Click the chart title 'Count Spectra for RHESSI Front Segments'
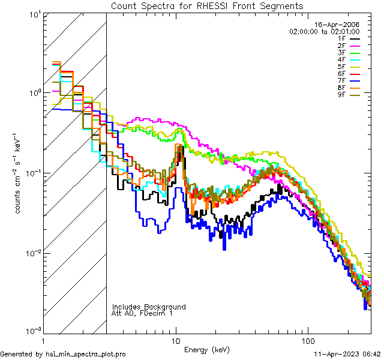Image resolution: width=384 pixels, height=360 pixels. (x=207, y=6)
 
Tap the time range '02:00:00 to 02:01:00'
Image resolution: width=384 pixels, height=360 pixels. (x=324, y=31)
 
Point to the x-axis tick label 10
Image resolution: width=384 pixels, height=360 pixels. (x=176, y=341)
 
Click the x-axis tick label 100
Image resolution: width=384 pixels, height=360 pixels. (x=307, y=341)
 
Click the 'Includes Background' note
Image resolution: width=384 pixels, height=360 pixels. (x=149, y=307)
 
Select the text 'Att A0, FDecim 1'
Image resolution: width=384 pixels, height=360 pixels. (x=142, y=313)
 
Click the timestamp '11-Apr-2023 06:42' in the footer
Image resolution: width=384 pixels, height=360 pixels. (x=346, y=354)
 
